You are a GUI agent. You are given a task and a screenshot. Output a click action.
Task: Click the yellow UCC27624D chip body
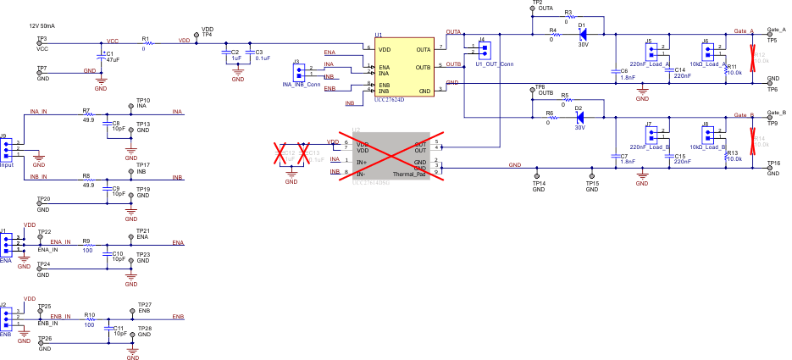coord(404,69)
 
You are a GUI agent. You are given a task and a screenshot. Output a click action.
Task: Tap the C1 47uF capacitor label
coord(111,57)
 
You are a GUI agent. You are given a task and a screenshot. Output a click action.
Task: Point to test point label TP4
coord(207,35)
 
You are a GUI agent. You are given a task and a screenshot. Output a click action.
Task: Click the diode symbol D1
coord(582,34)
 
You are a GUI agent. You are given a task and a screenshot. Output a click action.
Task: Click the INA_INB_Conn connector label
coord(301,85)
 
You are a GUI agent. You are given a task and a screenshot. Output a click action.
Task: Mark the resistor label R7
coord(86,111)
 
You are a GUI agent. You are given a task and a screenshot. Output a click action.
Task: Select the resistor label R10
coord(89,314)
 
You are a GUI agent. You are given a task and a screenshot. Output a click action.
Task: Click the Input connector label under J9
coord(7,165)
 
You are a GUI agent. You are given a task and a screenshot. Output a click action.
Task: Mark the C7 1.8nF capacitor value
coord(627,161)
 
